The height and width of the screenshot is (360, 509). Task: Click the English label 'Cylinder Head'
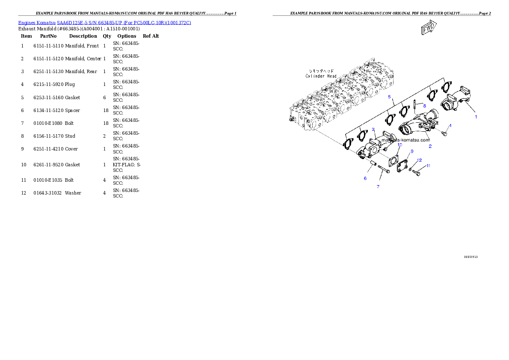coord(321,76)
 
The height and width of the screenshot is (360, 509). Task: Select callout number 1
coord(476,116)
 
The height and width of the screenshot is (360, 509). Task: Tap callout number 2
coord(430,146)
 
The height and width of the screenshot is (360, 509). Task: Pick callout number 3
coord(373,129)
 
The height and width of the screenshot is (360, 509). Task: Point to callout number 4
coord(450,126)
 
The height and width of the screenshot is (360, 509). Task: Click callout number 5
coord(390,97)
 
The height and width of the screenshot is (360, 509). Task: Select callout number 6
coord(365,178)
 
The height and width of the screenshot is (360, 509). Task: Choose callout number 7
coord(378,187)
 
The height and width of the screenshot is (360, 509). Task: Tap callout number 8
coord(424,105)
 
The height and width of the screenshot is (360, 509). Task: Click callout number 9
coord(412,151)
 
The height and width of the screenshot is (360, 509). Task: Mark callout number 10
coord(400,145)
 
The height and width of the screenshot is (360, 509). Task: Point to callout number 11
coord(428,165)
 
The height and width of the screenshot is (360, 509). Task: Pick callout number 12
coord(419,160)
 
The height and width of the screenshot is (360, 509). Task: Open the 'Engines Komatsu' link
coord(37,22)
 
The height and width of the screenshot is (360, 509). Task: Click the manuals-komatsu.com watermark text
coord(405,139)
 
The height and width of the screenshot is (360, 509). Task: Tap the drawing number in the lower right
coord(471,257)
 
